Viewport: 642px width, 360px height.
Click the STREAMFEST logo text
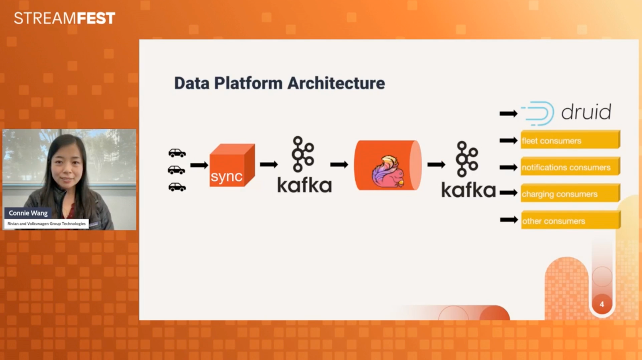click(x=65, y=18)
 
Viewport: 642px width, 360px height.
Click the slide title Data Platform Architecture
click(x=279, y=83)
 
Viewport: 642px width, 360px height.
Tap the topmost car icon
click(x=177, y=153)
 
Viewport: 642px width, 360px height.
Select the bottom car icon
click(x=177, y=187)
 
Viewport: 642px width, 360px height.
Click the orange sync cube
click(x=232, y=165)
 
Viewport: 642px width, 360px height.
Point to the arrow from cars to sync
click(x=199, y=165)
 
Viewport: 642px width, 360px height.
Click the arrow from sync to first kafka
click(x=269, y=164)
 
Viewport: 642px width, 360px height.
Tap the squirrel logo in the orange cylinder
click(x=388, y=172)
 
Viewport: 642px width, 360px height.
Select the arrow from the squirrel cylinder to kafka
click(x=436, y=165)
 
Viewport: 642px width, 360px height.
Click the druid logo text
click(x=586, y=112)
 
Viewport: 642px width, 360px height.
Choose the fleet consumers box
click(x=570, y=140)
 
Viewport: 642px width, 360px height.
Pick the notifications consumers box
click(x=570, y=167)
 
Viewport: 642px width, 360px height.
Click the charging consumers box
click(x=570, y=194)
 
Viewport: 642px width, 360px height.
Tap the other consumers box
click(x=570, y=221)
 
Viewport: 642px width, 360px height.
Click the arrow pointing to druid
click(x=508, y=114)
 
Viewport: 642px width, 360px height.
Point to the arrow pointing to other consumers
click(x=509, y=220)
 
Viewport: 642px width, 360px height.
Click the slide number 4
click(x=602, y=304)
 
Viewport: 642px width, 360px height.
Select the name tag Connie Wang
click(x=28, y=213)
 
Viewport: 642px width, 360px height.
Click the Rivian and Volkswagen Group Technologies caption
click(x=46, y=224)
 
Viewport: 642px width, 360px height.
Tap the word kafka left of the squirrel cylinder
click(x=304, y=185)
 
